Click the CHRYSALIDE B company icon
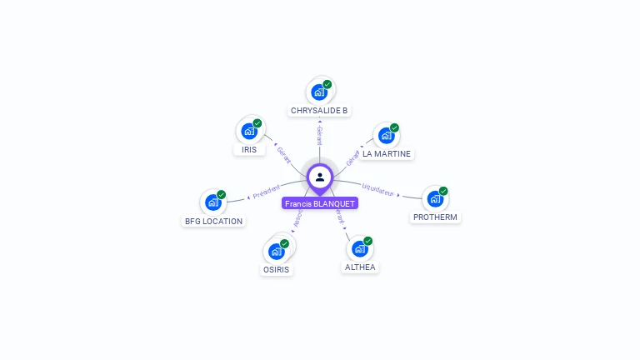click(319, 92)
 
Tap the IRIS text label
click(249, 150)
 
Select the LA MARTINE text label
click(387, 154)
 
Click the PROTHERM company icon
click(435, 199)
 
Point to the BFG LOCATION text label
click(213, 222)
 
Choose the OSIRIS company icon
click(277, 251)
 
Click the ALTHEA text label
click(360, 267)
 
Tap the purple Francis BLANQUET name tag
click(320, 203)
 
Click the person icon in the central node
click(320, 177)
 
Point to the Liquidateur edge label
click(378, 190)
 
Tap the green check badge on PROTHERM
click(443, 191)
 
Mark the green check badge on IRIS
click(257, 123)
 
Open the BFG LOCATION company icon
click(213, 202)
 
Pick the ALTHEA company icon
click(360, 248)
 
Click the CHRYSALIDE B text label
click(319, 111)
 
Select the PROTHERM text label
click(435, 217)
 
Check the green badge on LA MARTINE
click(394, 128)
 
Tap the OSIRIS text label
click(277, 270)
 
